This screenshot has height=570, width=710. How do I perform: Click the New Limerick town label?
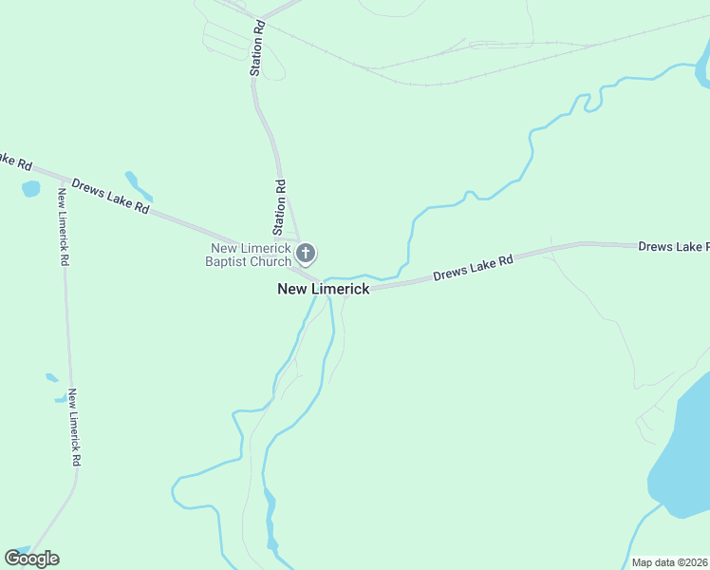click(323, 289)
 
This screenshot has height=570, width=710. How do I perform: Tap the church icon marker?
click(306, 254)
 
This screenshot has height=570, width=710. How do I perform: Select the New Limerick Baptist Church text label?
click(250, 255)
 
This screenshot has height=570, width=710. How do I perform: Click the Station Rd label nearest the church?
click(279, 207)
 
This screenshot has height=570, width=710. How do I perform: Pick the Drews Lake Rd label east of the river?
click(473, 267)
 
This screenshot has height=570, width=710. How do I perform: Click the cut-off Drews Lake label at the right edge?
click(673, 247)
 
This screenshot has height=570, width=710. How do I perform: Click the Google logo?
click(31, 559)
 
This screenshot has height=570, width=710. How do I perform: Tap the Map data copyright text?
click(669, 562)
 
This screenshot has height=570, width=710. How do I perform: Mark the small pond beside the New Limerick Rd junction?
click(31, 188)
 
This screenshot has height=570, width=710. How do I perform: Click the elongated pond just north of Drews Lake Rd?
click(138, 185)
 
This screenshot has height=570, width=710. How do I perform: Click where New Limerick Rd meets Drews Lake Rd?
click(63, 180)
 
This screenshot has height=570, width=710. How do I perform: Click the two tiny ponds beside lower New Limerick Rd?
click(54, 388)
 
